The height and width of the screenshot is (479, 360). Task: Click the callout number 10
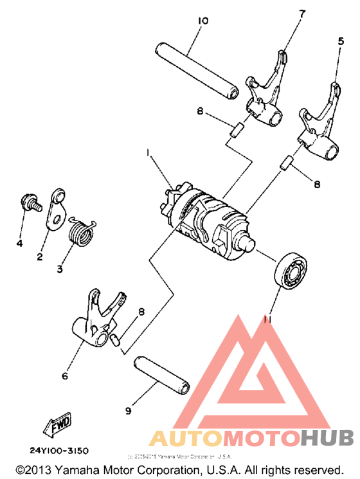tap(203, 21)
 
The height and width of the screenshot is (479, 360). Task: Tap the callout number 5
tap(341, 41)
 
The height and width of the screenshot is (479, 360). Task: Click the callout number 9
tap(128, 410)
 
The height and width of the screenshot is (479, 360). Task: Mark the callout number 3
tap(60, 270)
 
